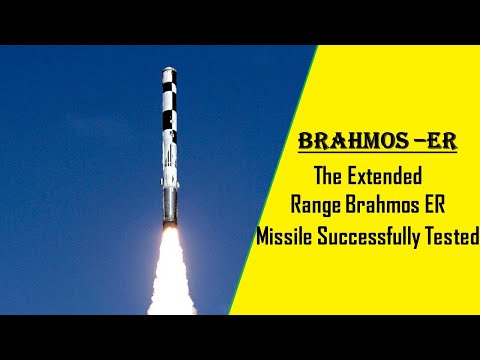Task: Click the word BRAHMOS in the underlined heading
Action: pos(342,140)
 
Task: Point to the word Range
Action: pos(315,207)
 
